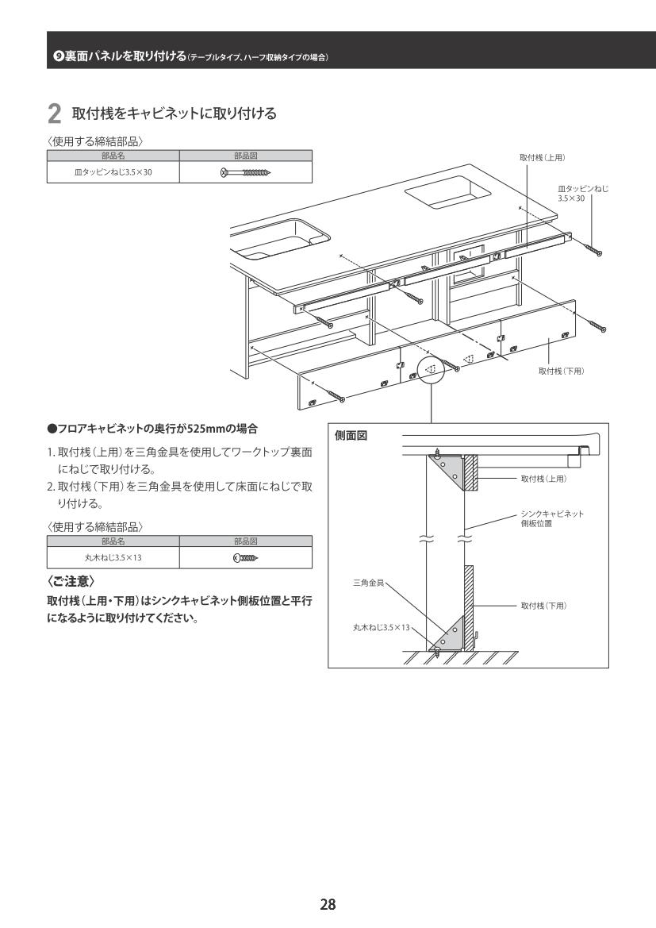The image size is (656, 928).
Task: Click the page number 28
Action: click(328, 904)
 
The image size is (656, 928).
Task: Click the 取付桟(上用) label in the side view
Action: click(543, 479)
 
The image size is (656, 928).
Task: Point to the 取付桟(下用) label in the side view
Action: click(543, 606)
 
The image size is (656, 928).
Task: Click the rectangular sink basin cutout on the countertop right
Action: click(448, 192)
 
